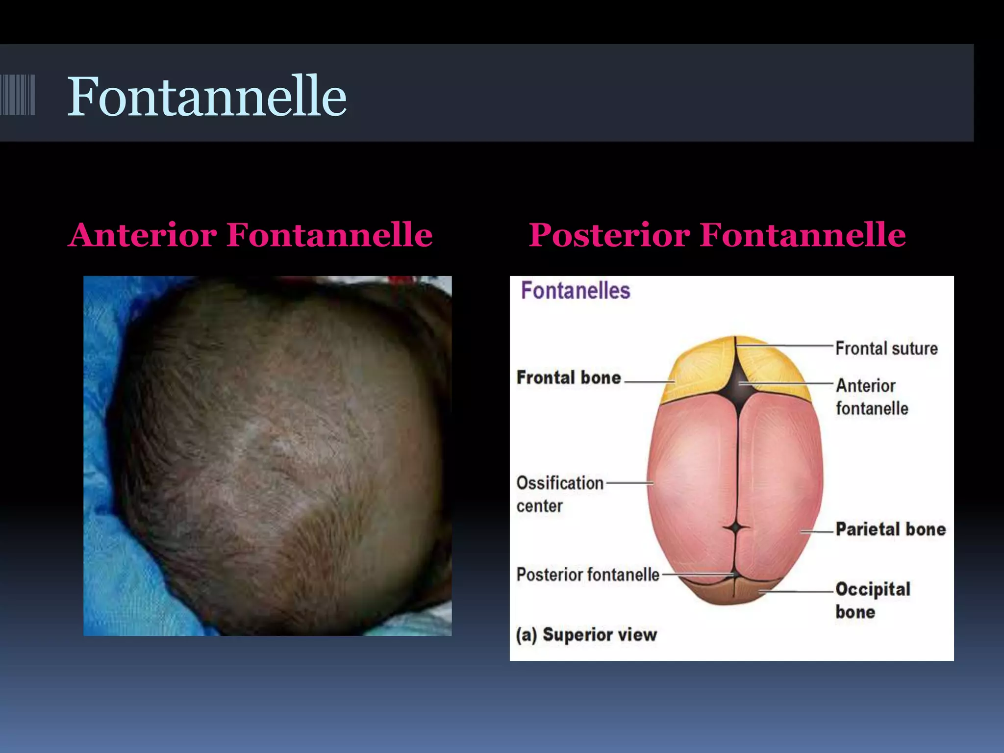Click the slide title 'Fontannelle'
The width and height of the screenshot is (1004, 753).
click(x=206, y=96)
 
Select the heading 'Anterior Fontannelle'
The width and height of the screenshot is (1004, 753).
click(x=250, y=235)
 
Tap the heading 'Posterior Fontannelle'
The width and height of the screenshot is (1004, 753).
click(x=717, y=235)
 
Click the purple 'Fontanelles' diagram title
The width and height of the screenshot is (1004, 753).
click(x=575, y=291)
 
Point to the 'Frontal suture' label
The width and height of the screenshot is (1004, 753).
click(x=886, y=349)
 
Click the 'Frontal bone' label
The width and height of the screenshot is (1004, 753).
click(x=569, y=377)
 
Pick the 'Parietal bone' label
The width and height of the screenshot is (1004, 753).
click(x=890, y=529)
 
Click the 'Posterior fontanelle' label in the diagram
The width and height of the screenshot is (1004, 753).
click(x=588, y=575)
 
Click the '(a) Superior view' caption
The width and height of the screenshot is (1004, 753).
click(x=586, y=635)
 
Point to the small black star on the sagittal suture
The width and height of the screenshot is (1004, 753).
click(x=736, y=528)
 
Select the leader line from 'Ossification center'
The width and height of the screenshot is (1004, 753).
click(x=629, y=483)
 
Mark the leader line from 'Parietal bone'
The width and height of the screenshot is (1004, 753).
click(x=818, y=531)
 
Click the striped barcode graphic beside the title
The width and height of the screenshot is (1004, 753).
click(x=18, y=95)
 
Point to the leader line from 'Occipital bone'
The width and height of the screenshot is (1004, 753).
click(x=797, y=592)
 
